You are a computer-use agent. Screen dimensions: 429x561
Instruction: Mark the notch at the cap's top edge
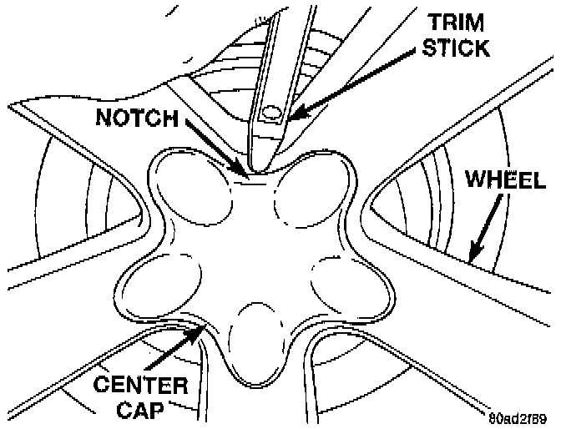point(253,174)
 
